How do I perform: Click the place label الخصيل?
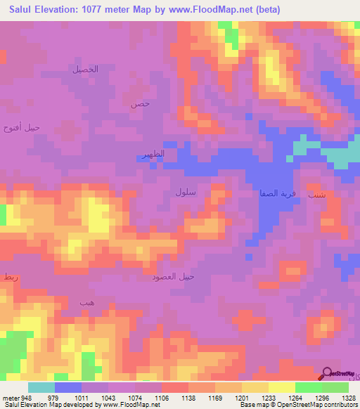coord(85,69)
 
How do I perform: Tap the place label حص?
coord(140,103)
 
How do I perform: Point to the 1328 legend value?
coord(347,398)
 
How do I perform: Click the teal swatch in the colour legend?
coord(41,387)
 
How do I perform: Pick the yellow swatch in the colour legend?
coord(281,387)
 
